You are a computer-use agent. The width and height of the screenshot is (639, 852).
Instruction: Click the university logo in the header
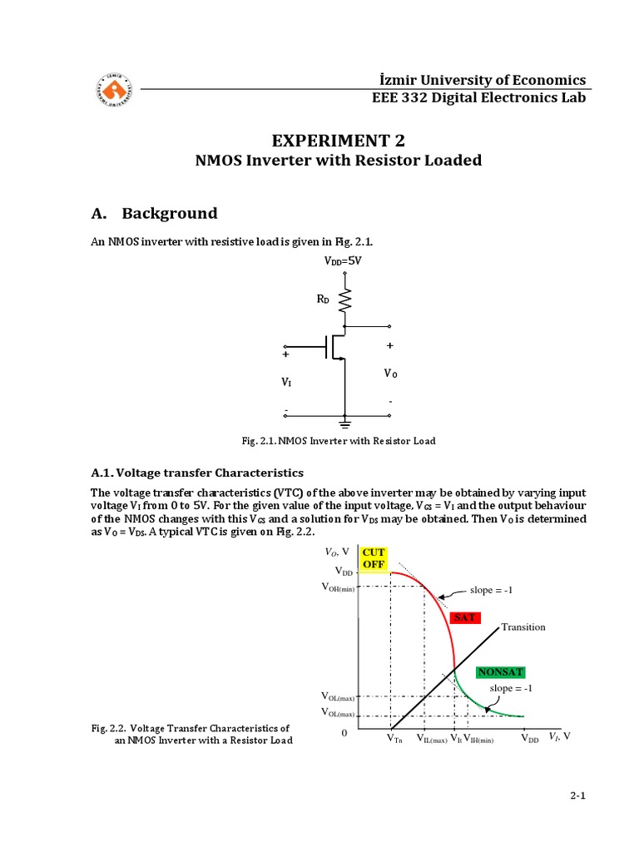(114, 88)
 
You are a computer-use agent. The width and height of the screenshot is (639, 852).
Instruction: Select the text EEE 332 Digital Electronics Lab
(478, 98)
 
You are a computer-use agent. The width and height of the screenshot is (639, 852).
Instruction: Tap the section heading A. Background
(154, 213)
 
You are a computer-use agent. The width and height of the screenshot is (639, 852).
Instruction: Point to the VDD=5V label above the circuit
(343, 260)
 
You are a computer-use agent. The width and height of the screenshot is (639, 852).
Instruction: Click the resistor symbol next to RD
(345, 300)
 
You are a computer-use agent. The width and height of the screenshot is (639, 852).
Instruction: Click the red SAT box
(464, 617)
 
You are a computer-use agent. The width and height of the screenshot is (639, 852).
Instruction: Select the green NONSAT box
(500, 671)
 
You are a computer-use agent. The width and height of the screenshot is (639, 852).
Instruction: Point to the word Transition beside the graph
(523, 627)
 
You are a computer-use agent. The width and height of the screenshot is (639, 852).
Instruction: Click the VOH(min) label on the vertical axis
(338, 587)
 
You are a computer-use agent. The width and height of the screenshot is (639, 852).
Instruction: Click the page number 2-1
(578, 795)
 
